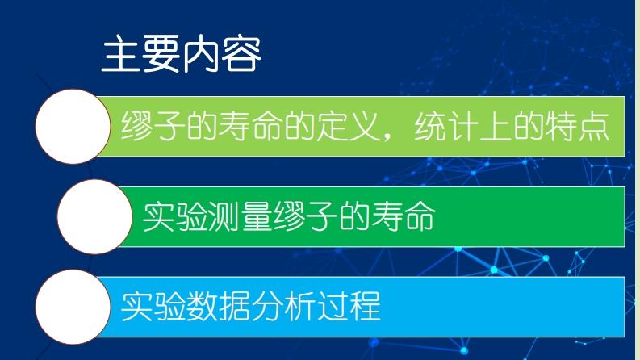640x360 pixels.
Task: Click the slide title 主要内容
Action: pyautogui.click(x=181, y=54)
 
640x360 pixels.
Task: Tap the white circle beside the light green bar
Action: pyautogui.click(x=73, y=127)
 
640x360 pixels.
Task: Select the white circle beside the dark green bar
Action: pyautogui.click(x=94, y=217)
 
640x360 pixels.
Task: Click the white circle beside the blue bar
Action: pyautogui.click(x=73, y=307)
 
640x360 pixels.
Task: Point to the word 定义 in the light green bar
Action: pyautogui.click(x=349, y=126)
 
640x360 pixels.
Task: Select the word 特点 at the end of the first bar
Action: pyautogui.click(x=578, y=126)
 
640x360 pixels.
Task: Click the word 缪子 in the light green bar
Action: pyautogui.click(x=153, y=126)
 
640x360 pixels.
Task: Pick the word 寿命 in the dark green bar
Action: pyautogui.click(x=404, y=216)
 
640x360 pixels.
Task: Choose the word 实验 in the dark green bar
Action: pyautogui.click(x=174, y=216)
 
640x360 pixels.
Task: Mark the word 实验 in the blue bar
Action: pyautogui.click(x=153, y=307)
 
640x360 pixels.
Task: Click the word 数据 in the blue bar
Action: pyautogui.click(x=219, y=307)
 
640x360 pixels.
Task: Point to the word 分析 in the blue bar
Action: pyautogui.click(x=283, y=307)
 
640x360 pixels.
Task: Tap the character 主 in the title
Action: pyautogui.click(x=120, y=54)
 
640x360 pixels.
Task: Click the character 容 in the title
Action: pyautogui.click(x=241, y=54)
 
